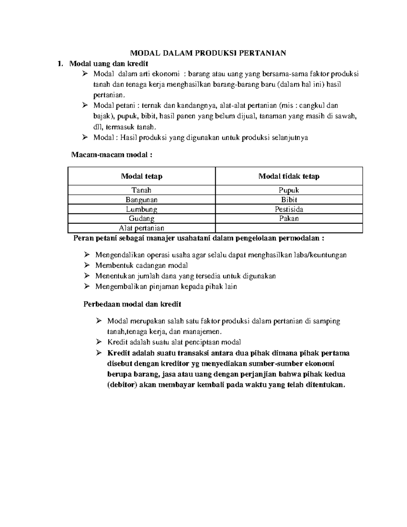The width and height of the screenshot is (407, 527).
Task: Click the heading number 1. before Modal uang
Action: coord(60,63)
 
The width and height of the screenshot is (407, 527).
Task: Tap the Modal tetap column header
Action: coord(142,176)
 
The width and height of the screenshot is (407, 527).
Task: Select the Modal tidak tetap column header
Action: coord(289,176)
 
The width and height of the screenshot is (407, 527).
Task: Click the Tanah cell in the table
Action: coord(142,190)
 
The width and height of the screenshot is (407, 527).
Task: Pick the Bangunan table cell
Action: coord(142,200)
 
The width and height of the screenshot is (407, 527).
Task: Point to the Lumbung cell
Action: coord(142,209)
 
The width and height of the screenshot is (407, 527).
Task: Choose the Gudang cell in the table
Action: coord(142,219)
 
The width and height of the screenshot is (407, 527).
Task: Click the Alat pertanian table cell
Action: coord(142,228)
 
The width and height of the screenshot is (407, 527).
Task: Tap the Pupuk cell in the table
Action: coord(289,190)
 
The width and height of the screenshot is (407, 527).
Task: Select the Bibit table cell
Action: coord(289,200)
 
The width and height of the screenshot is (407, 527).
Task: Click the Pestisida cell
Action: coord(289,209)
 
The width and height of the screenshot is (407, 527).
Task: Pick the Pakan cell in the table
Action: coord(289,219)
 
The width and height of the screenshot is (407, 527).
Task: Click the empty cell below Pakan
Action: coord(289,228)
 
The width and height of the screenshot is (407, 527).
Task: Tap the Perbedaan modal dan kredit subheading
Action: coord(132,304)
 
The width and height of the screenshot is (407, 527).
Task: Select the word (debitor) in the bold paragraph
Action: coord(122,385)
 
